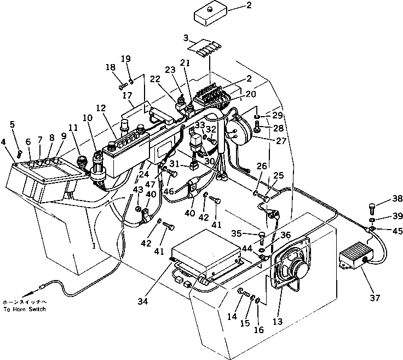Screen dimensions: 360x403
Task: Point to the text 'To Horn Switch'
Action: coord(25,310)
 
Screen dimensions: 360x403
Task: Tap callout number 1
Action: coord(94,246)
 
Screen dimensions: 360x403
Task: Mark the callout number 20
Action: coord(251,94)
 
